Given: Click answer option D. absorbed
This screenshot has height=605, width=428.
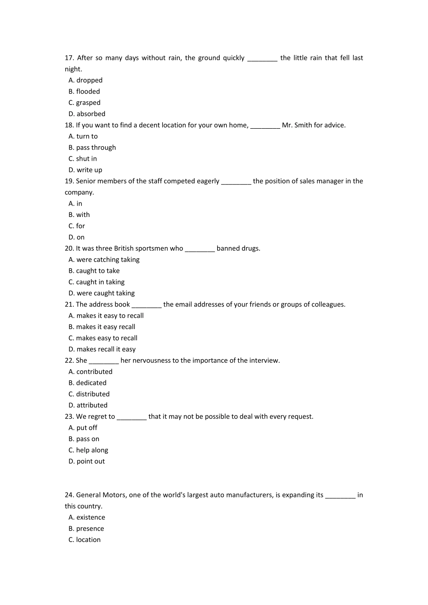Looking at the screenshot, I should pyautogui.click(x=87, y=114).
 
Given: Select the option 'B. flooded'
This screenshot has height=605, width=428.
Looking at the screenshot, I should pyautogui.click(x=84, y=91).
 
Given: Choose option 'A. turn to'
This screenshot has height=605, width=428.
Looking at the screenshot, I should pyautogui.click(x=83, y=136).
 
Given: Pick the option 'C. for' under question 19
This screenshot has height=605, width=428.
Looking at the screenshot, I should pyautogui.click(x=77, y=226).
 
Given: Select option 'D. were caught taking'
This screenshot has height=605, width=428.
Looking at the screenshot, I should pyautogui.click(x=101, y=293).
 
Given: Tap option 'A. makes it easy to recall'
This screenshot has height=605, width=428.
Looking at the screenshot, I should pyautogui.click(x=106, y=316).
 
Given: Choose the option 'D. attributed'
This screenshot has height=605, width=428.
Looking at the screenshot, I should pyautogui.click(x=88, y=405).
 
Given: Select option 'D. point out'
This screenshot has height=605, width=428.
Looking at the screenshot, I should pyautogui.click(x=87, y=461).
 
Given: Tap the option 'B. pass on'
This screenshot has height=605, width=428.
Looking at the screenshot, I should pyautogui.click(x=84, y=439).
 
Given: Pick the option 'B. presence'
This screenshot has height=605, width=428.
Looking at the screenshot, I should pyautogui.click(x=86, y=528).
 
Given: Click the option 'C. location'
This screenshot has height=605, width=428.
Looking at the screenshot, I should pyautogui.click(x=85, y=540).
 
